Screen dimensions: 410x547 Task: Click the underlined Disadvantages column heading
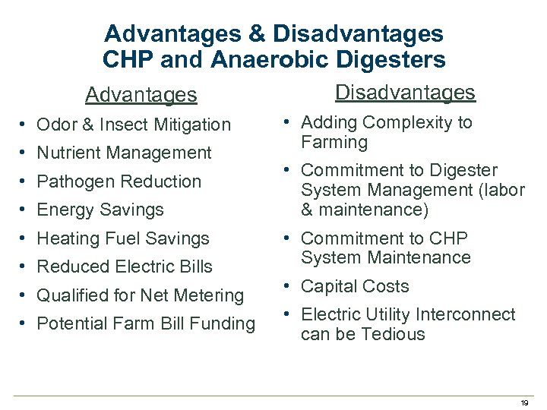(405, 93)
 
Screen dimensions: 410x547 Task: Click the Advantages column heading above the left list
(141, 95)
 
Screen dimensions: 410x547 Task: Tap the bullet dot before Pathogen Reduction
(25, 181)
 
